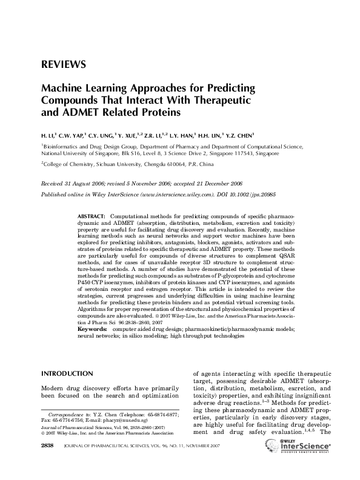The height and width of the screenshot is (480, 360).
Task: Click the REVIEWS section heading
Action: click(x=63, y=64)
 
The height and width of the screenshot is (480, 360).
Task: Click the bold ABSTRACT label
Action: click(x=93, y=216)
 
